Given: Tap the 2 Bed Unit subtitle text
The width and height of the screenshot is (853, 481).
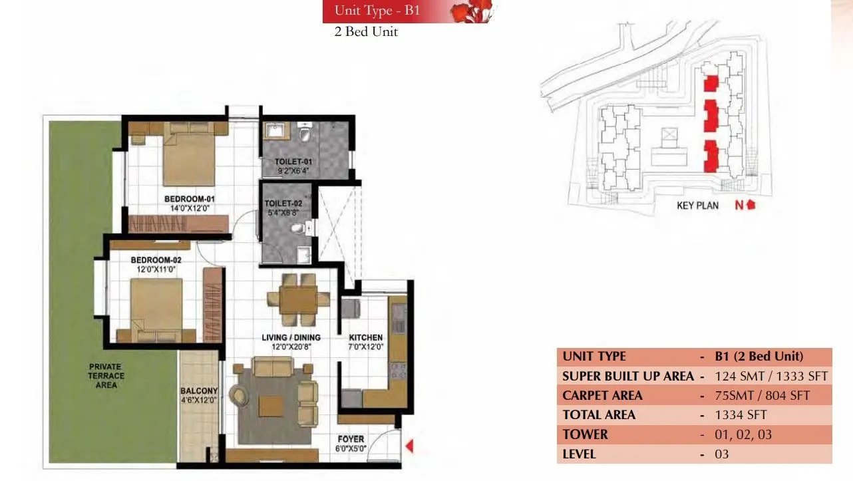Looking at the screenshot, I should pos(366,32).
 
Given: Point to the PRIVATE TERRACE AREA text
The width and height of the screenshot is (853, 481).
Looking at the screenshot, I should pos(106,375).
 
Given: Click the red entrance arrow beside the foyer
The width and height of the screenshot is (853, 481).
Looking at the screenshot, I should pos(410,446).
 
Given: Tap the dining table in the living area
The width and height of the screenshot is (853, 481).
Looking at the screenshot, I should pos(299,297).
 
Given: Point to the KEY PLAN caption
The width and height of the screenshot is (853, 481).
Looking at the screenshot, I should pos(697,206).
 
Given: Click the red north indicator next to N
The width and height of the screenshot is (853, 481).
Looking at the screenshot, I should pos(751,205).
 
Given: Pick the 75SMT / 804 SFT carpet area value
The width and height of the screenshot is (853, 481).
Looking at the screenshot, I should pos(763,395).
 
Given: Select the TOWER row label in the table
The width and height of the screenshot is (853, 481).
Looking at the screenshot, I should pos(585,434).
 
